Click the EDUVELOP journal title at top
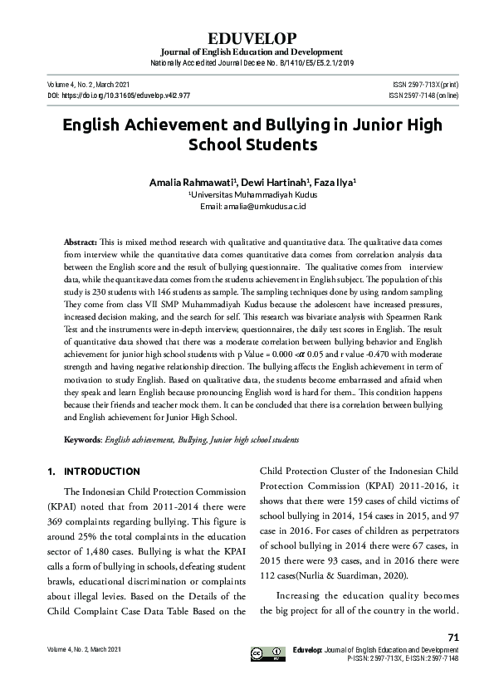pyautogui.click(x=247, y=39)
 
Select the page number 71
pyautogui.click(x=452, y=637)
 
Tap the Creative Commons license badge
pyautogui.click(x=262, y=653)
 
